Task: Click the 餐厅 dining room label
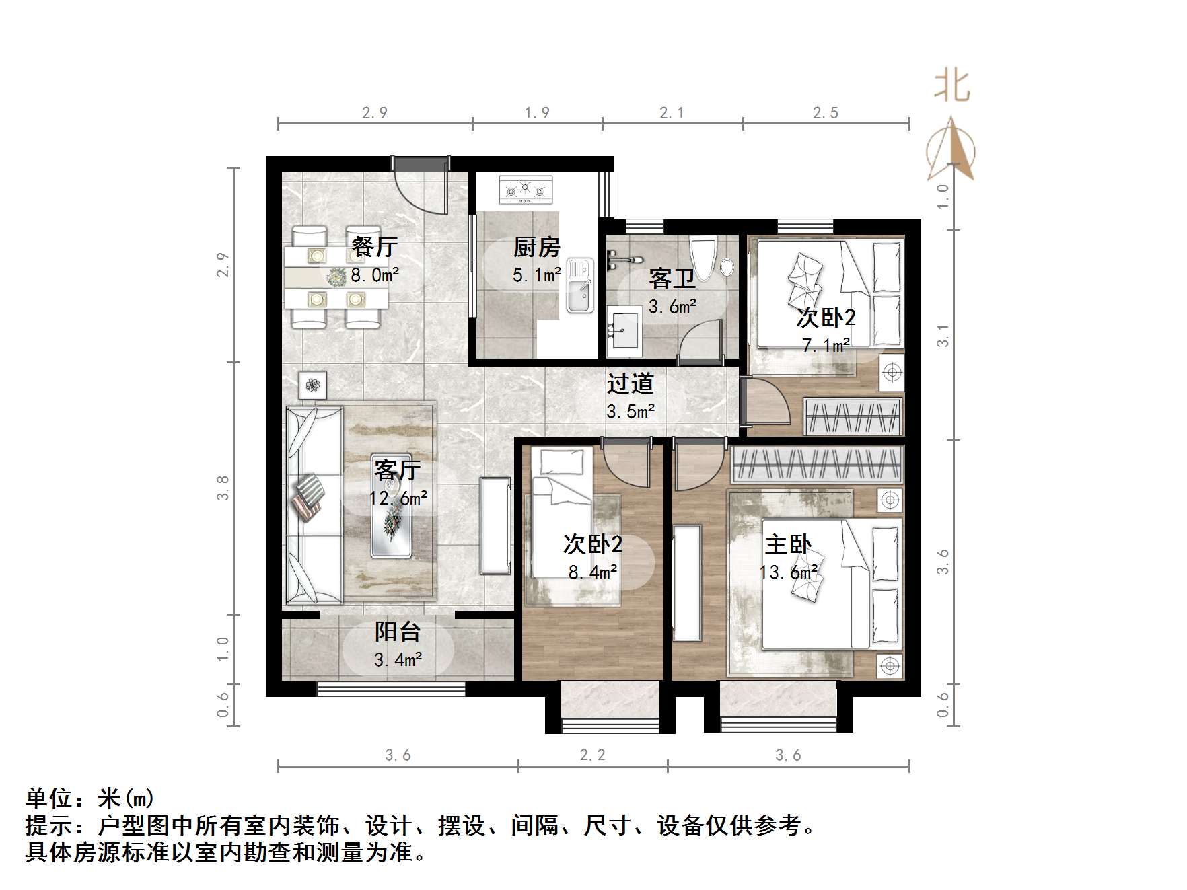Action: [374, 247]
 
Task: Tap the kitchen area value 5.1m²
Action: [536, 275]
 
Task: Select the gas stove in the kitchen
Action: [525, 190]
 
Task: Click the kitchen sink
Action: [579, 286]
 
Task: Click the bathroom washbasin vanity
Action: [624, 331]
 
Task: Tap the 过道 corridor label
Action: [631, 383]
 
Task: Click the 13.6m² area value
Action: [788, 572]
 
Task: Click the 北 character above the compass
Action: [951, 86]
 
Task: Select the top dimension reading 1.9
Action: [537, 112]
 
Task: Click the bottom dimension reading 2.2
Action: [592, 755]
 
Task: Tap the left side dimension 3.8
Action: [223, 488]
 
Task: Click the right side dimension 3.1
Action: [943, 335]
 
